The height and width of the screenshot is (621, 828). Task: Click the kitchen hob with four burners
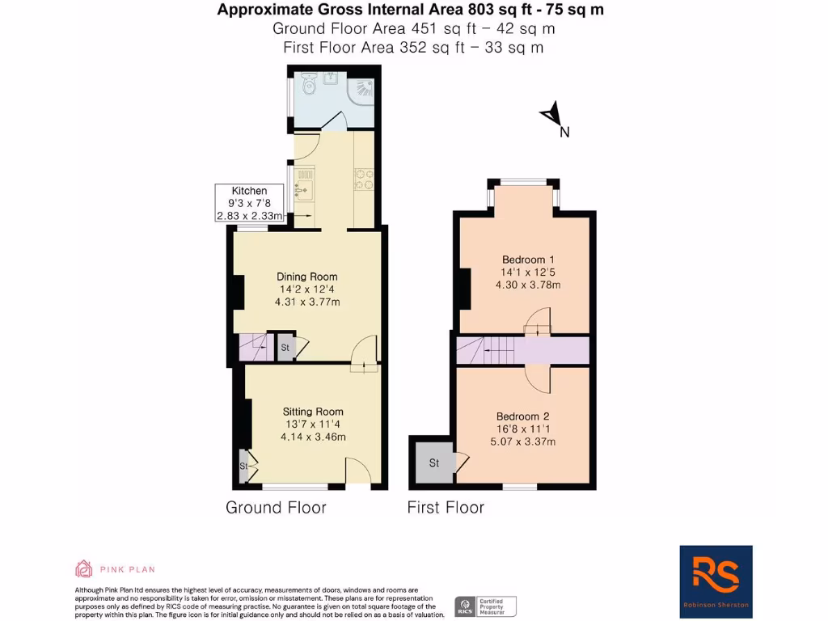point(363,179)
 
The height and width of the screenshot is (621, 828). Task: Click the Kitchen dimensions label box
point(249,203)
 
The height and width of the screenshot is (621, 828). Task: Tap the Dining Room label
point(306,289)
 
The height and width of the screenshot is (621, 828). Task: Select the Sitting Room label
point(313,424)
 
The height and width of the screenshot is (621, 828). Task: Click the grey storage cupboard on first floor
point(433,463)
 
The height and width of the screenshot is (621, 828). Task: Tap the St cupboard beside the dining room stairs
point(285,348)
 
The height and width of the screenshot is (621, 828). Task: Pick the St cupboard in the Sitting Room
point(243,467)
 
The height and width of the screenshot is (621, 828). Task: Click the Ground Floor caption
point(276,508)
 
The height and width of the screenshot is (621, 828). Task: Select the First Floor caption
point(446,508)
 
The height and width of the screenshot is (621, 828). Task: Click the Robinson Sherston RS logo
point(716,577)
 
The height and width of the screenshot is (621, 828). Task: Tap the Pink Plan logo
point(115,569)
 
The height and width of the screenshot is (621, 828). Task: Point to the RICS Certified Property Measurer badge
point(486,606)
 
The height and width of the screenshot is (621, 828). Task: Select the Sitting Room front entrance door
point(358,472)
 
